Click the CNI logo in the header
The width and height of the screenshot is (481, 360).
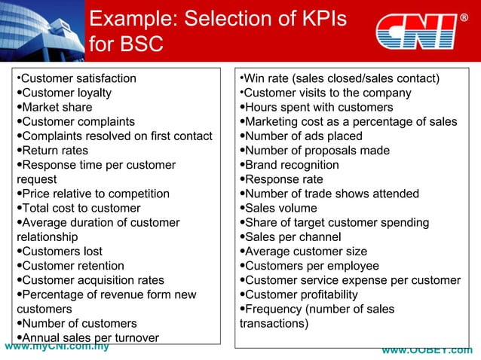click(x=416, y=31)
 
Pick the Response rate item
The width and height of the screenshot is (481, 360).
click(x=282, y=179)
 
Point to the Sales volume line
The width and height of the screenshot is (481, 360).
click(x=278, y=208)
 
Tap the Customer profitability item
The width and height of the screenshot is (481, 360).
click(x=299, y=294)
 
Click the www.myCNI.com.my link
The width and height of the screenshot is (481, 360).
click(x=57, y=347)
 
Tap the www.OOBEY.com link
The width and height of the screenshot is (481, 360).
click(x=427, y=351)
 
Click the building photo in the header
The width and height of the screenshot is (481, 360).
click(x=41, y=30)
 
